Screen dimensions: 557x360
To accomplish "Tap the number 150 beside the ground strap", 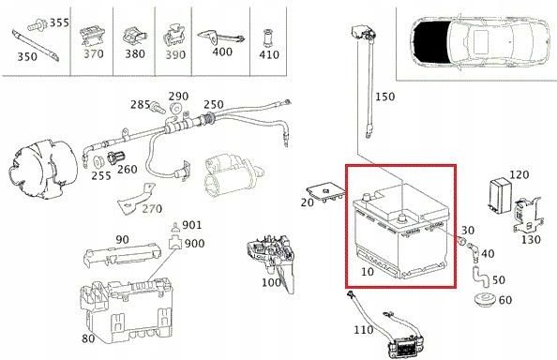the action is point(384,97).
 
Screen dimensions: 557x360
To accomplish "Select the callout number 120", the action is point(519,175).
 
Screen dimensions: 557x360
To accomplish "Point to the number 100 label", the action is point(271,282).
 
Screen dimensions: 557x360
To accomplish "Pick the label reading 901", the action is point(191,225).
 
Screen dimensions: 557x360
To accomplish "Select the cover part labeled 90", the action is point(117,256).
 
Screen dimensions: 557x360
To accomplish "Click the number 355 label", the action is point(59,22).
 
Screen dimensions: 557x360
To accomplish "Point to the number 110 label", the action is point(363,330).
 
